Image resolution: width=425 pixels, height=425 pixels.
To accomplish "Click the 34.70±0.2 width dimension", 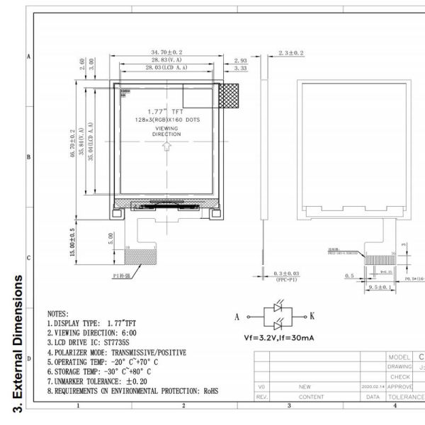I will tap(166, 52).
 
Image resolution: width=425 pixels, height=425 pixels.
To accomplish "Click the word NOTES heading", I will tap(58, 312).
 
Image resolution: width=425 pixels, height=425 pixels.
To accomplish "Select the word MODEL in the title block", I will tap(398, 357).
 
